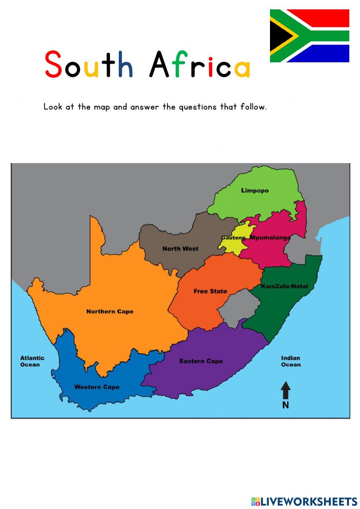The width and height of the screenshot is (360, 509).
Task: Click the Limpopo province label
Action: coord(255,191)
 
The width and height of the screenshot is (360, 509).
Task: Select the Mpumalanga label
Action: coord(270,238)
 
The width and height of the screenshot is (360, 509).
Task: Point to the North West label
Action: coord(180,249)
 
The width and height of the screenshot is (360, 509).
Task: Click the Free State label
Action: coord(210,291)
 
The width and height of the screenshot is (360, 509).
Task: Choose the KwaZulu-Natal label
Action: coord(284,286)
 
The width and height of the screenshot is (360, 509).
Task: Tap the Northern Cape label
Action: coord(110,312)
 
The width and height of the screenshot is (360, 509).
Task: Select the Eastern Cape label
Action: coord(201,361)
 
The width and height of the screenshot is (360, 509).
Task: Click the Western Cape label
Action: coord(96,387)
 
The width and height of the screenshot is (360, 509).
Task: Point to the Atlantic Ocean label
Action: coord(32,361)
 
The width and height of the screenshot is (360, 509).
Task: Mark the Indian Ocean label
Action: coord(291,361)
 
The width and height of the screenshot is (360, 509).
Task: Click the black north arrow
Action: coord(285,390)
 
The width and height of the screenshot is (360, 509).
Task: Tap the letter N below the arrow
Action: coord(285,405)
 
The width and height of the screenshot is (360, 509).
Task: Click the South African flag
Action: coord(310,36)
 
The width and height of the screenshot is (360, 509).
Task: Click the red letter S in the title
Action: coord(53,65)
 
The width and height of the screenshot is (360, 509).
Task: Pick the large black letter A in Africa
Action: coord(159,65)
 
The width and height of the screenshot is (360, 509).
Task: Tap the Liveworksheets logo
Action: coord(304,501)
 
